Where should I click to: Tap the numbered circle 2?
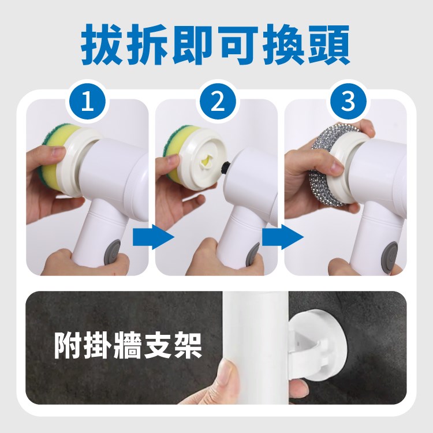[x=217, y=102]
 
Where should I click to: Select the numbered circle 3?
[x=348, y=102]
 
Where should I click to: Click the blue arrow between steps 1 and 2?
[x=153, y=237]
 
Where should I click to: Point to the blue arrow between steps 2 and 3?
[x=283, y=237]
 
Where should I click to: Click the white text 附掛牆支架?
[x=128, y=345]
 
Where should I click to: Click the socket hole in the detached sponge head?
[x=206, y=162]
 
